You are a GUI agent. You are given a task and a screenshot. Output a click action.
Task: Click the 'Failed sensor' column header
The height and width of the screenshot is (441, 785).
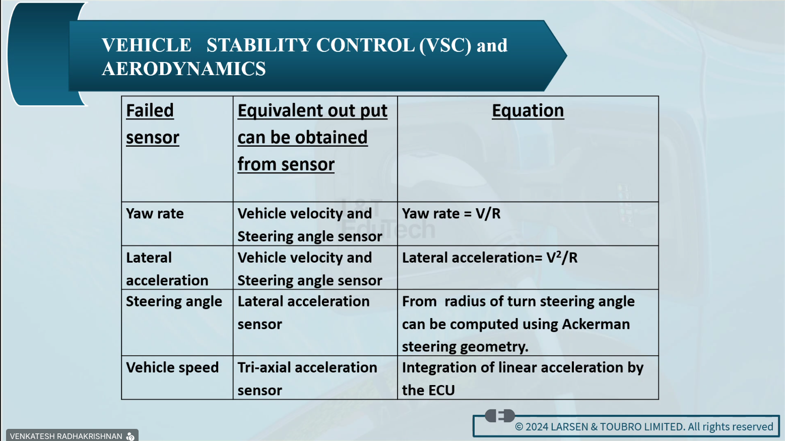click(x=153, y=124)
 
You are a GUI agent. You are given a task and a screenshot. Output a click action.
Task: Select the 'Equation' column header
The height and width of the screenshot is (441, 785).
click(x=528, y=111)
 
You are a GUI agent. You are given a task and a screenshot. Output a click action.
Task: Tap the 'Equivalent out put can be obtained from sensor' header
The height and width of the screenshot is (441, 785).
click(x=312, y=138)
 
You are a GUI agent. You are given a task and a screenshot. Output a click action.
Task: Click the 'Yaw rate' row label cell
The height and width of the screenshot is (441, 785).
click(x=155, y=214)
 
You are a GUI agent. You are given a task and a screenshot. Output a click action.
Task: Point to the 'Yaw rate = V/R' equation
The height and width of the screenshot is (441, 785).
click(x=451, y=214)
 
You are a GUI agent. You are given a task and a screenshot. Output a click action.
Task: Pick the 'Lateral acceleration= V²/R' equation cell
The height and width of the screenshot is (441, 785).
click(x=490, y=258)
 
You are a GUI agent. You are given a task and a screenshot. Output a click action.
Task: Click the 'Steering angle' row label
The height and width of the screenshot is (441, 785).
click(x=174, y=302)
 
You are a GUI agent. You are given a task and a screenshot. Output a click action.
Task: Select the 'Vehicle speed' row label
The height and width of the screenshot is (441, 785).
click(x=172, y=368)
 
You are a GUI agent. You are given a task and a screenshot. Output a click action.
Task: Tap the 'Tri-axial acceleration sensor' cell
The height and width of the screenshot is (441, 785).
click(x=307, y=379)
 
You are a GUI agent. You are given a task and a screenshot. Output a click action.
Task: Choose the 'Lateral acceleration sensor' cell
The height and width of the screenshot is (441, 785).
click(x=303, y=312)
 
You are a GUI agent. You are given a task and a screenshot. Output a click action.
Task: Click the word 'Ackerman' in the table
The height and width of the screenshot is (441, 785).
click(x=596, y=324)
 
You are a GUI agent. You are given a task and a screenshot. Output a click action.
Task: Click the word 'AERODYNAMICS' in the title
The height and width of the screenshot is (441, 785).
click(x=184, y=69)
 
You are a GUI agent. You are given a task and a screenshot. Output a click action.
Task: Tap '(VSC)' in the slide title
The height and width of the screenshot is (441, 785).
click(x=445, y=45)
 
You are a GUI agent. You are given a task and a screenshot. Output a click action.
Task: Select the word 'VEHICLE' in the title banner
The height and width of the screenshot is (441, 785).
click(x=147, y=45)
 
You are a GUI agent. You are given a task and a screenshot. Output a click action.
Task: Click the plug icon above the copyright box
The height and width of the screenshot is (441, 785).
click(x=500, y=416)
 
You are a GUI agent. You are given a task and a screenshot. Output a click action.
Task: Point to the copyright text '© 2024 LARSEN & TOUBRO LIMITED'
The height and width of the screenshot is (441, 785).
click(x=600, y=426)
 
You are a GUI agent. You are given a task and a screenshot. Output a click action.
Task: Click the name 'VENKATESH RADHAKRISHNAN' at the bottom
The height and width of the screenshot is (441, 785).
click(x=66, y=436)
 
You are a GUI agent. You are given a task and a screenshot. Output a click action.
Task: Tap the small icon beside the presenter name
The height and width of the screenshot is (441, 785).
click(x=130, y=436)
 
